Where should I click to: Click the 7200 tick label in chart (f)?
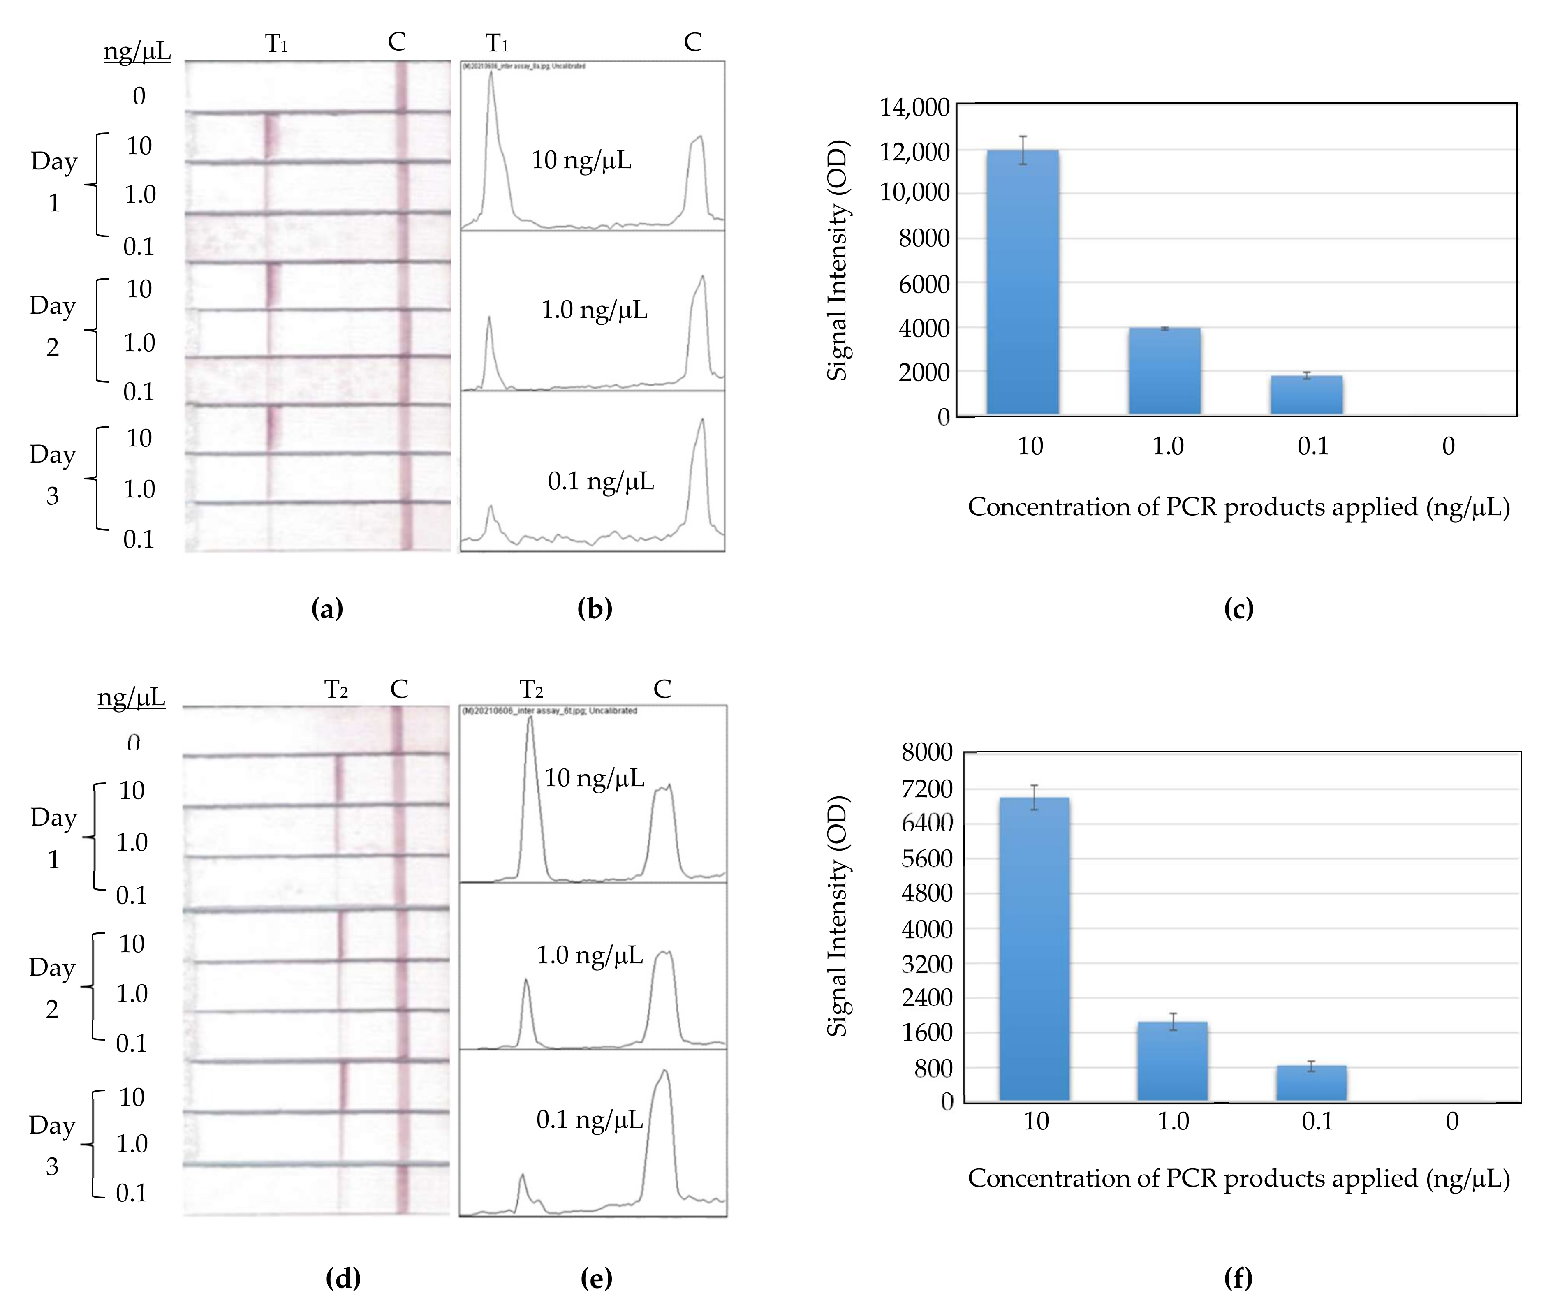click(x=927, y=789)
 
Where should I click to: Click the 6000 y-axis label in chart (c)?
click(x=924, y=284)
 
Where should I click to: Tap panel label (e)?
click(x=596, y=1278)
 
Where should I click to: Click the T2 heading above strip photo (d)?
click(x=336, y=689)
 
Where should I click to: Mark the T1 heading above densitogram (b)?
click(x=497, y=43)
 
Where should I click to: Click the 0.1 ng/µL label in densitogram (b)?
click(x=601, y=481)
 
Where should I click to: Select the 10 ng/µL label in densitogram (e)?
click(x=594, y=778)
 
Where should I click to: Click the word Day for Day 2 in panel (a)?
click(x=52, y=306)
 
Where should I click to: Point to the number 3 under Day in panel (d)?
click(x=52, y=1166)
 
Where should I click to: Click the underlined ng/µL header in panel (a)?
click(x=137, y=51)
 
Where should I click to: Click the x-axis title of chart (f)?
click(x=1239, y=1178)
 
